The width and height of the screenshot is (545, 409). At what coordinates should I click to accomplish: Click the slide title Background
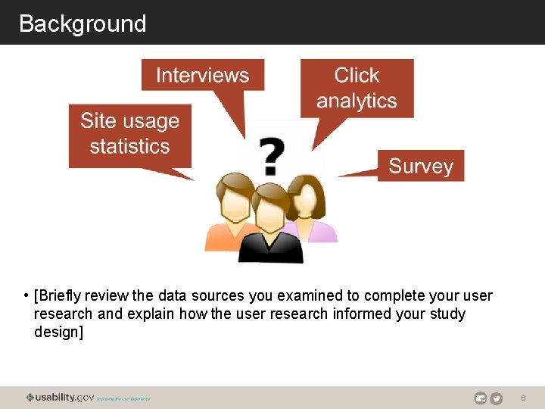83,23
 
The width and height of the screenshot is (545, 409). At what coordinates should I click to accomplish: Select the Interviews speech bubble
202,75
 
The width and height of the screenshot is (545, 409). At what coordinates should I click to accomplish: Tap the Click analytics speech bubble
357,88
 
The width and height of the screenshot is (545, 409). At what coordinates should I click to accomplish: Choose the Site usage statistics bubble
129,134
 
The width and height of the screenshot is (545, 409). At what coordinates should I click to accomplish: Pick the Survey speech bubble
421,166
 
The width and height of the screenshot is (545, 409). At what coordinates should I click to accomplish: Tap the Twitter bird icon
497,398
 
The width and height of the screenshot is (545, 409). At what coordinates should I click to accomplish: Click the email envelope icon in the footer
480,398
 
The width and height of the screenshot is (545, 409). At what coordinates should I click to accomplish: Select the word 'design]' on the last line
58,332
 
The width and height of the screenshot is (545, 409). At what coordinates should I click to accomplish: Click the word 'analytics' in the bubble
357,101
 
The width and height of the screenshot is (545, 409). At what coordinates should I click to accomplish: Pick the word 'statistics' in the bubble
129,146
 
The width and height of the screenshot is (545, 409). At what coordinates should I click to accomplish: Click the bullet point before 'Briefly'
26,295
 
